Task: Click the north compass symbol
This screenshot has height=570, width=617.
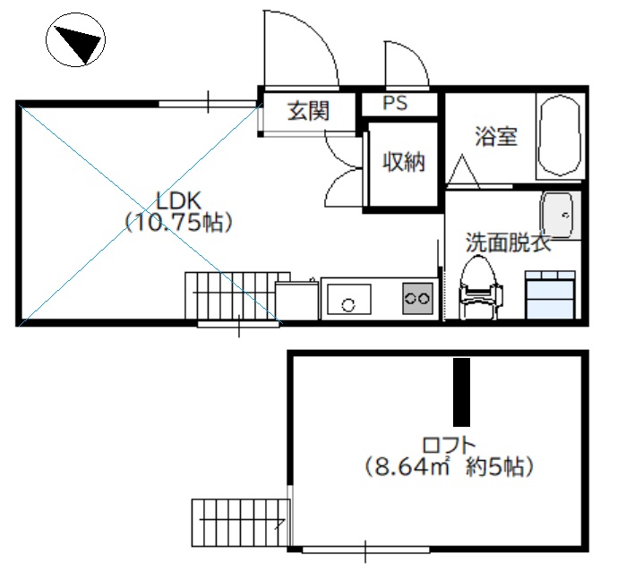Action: click(x=75, y=39)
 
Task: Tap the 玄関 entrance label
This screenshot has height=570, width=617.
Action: click(x=308, y=110)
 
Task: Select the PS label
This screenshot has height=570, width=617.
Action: click(x=395, y=103)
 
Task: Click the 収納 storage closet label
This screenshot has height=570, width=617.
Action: click(x=404, y=162)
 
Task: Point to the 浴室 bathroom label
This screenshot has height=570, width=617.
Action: click(x=496, y=136)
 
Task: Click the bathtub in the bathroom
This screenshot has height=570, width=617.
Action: click(x=559, y=135)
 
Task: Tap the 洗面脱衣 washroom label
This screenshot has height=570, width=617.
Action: click(x=508, y=242)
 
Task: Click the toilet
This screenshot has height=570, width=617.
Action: click(x=480, y=286)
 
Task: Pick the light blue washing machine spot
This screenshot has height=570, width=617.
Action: click(x=551, y=294)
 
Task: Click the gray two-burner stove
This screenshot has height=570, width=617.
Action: click(x=417, y=298)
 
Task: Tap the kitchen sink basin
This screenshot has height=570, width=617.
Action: click(x=349, y=299)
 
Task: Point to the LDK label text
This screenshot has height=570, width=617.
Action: click(x=179, y=200)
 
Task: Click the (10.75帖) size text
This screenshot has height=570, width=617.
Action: click(x=179, y=223)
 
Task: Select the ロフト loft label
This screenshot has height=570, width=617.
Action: click(x=449, y=446)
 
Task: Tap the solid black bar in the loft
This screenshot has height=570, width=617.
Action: click(x=461, y=392)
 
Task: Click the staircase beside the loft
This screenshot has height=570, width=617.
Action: click(x=241, y=523)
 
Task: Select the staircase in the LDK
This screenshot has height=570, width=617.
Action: click(x=237, y=295)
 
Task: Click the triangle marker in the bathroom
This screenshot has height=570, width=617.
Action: click(x=463, y=172)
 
